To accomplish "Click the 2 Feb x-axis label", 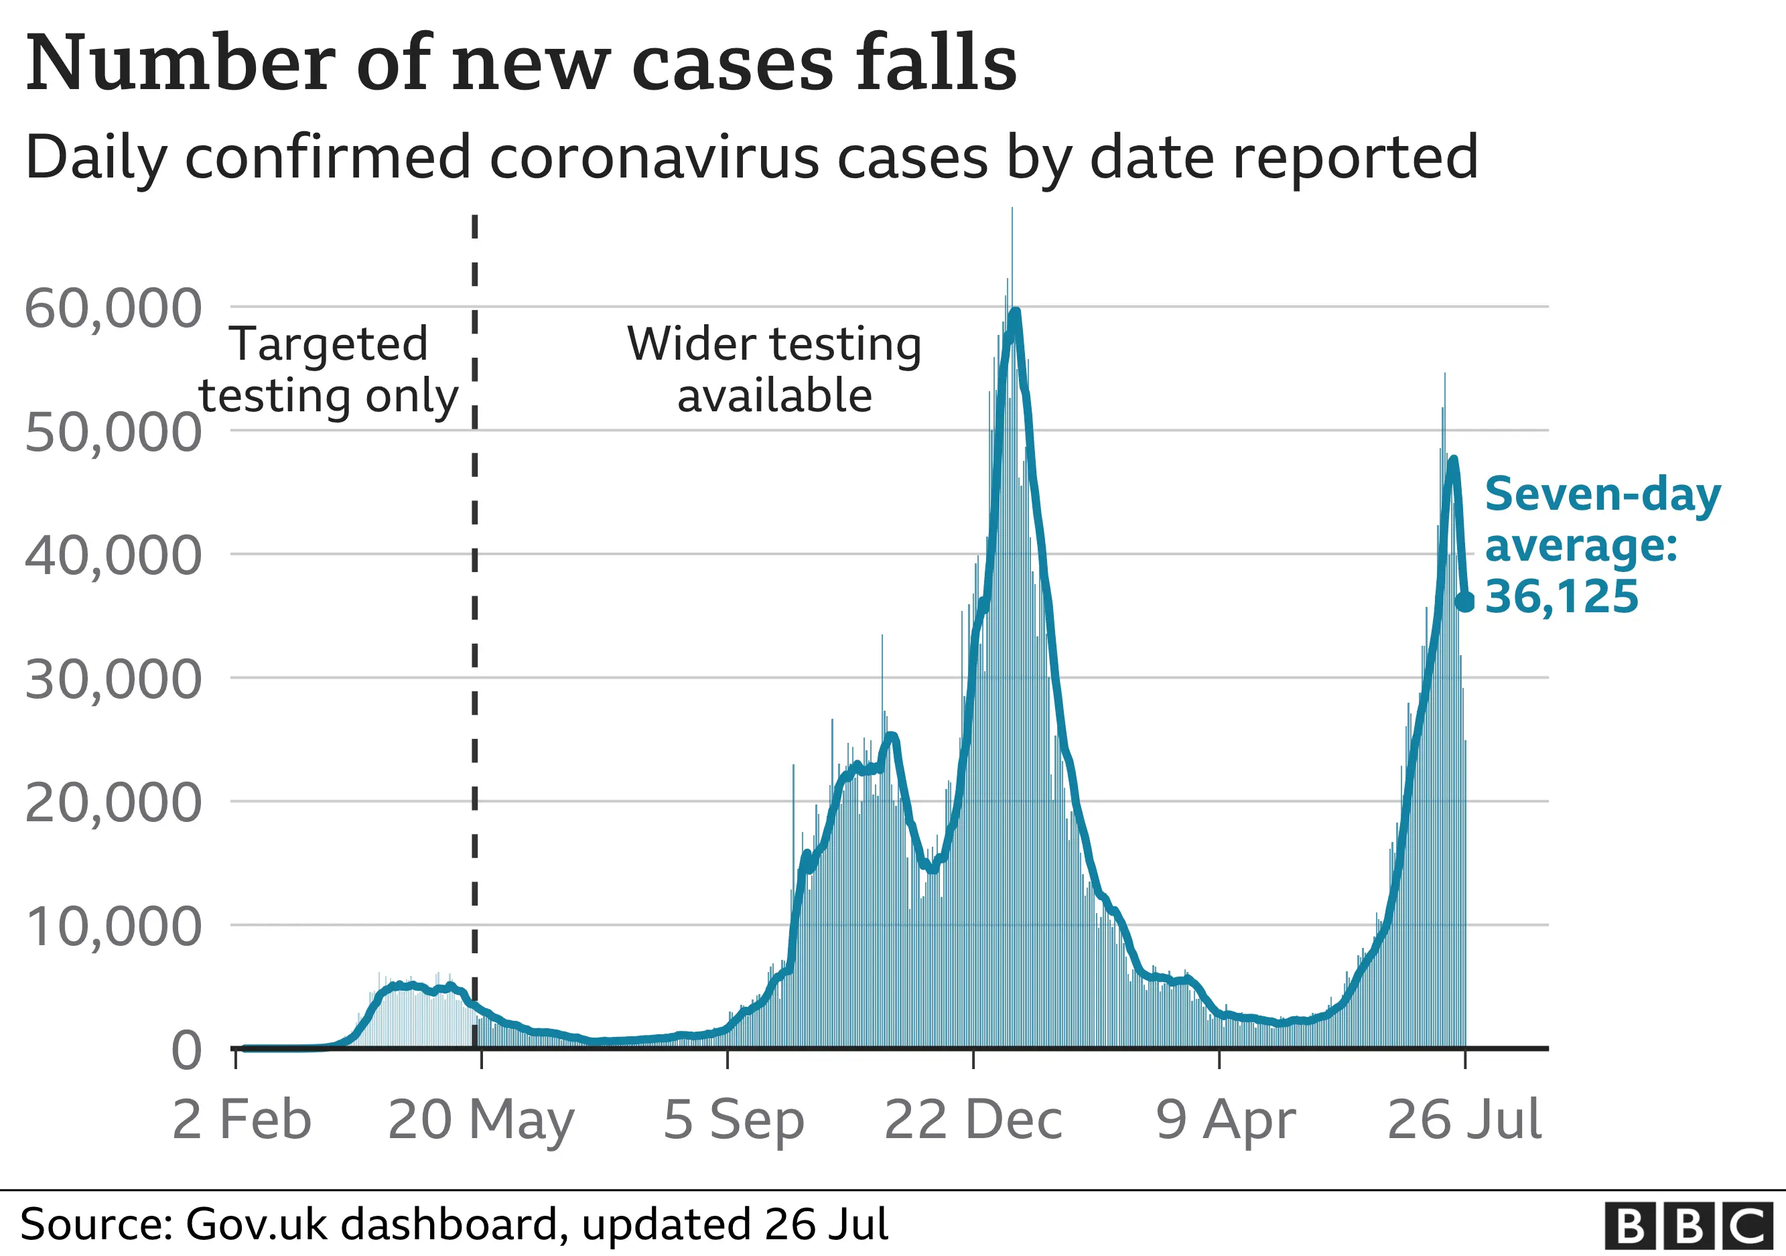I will tap(241, 1120).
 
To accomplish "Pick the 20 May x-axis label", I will tap(481, 1120).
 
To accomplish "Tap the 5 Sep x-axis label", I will tap(733, 1120).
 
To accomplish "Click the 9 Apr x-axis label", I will tap(1225, 1120).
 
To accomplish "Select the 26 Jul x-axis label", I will tap(1464, 1120).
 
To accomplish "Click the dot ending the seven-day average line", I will tap(1464, 601).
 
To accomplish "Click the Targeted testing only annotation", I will tap(328, 370).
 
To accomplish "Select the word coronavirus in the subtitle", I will tap(653, 157).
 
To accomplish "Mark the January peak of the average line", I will tap(1014, 312).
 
